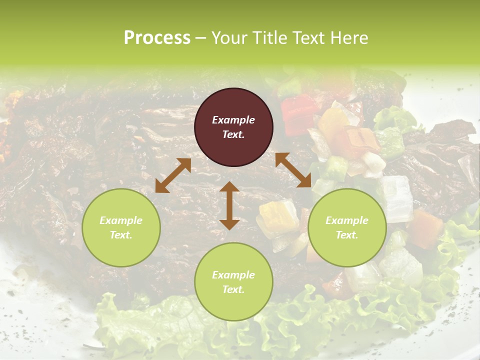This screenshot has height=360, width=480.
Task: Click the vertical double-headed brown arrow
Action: pos(229,205)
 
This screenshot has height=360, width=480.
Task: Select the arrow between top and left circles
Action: pos(173,175)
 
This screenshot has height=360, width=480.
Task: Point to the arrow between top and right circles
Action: pos(293,170)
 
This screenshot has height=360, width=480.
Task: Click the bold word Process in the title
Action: pos(157,37)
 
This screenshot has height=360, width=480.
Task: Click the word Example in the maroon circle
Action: pos(233,120)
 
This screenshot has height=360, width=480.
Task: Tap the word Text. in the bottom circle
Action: pos(233,289)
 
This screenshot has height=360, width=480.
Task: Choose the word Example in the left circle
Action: pos(121,220)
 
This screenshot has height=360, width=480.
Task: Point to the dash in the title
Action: pos(200,38)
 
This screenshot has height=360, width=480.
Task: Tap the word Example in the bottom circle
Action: pos(233,275)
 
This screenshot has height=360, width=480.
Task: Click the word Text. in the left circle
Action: pos(121,235)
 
